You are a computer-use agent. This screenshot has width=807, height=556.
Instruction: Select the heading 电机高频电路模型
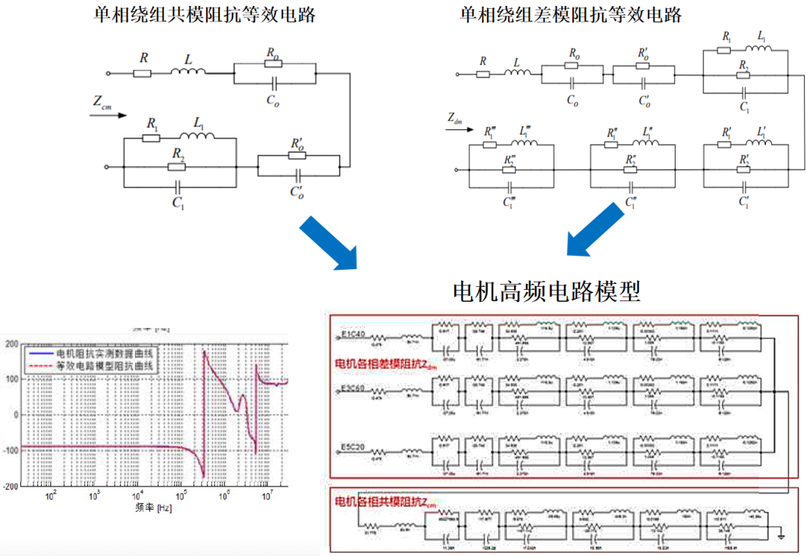coord(547,291)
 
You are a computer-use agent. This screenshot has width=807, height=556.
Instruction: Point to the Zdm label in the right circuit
coord(457,118)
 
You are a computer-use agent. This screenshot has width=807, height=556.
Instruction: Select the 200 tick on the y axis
coord(13,344)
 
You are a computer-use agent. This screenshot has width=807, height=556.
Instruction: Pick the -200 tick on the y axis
coord(11,486)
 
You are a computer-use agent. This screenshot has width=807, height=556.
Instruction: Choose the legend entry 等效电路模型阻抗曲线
coord(105,366)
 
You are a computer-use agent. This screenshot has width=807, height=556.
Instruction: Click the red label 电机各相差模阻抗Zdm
coord(386,364)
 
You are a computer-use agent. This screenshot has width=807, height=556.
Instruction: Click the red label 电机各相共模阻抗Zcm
coord(386,500)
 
